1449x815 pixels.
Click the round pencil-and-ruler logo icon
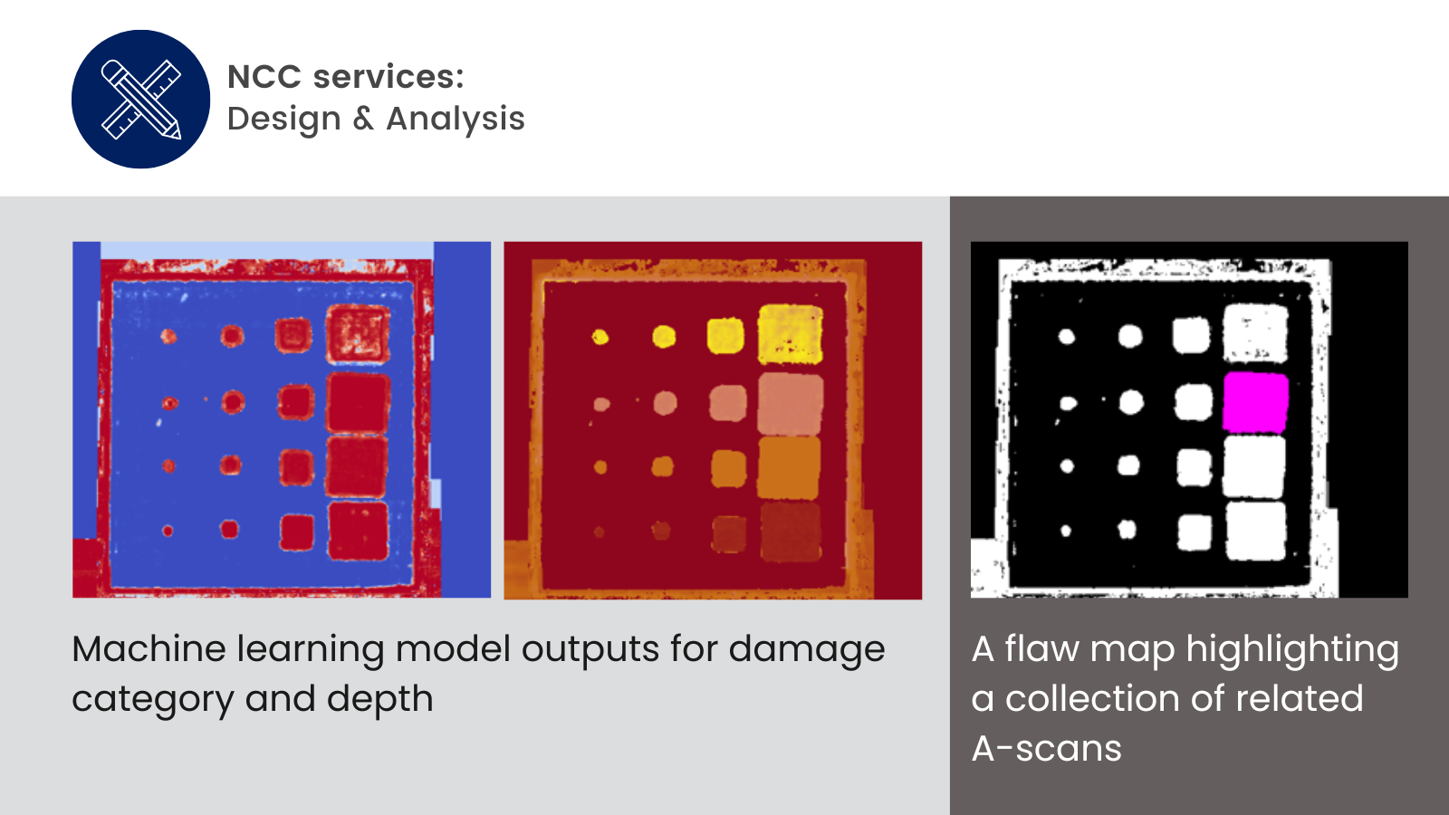(x=140, y=99)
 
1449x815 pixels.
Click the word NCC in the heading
(x=264, y=77)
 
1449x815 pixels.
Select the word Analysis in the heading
(x=456, y=119)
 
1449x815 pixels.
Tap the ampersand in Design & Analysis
(x=363, y=119)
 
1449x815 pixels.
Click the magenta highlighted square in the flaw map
(x=1255, y=402)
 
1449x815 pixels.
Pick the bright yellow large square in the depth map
(x=791, y=334)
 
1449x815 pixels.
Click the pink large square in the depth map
(x=791, y=404)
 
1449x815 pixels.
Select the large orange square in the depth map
(x=789, y=467)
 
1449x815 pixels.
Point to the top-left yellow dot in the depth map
(x=600, y=337)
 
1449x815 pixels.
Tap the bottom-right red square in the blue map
(x=358, y=531)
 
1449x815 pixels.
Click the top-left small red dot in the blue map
(x=168, y=336)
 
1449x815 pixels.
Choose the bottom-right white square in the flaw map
(x=1255, y=531)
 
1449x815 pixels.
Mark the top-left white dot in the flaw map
(x=1067, y=336)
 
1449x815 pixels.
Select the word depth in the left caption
(x=379, y=700)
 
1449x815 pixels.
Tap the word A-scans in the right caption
(x=1047, y=748)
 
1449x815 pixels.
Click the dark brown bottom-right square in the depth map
(x=790, y=532)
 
